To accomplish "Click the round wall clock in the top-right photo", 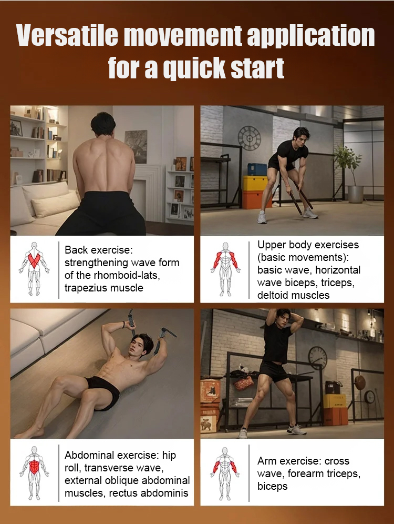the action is tap(249, 138).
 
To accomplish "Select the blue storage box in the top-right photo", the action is tap(257, 169).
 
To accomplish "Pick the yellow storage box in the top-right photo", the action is tap(255, 183).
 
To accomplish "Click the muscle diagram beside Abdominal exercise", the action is tap(34, 473).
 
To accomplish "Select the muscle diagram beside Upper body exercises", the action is tap(225, 269).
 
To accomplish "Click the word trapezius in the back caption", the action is tap(86, 288).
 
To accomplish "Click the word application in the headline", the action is tap(311, 36).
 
